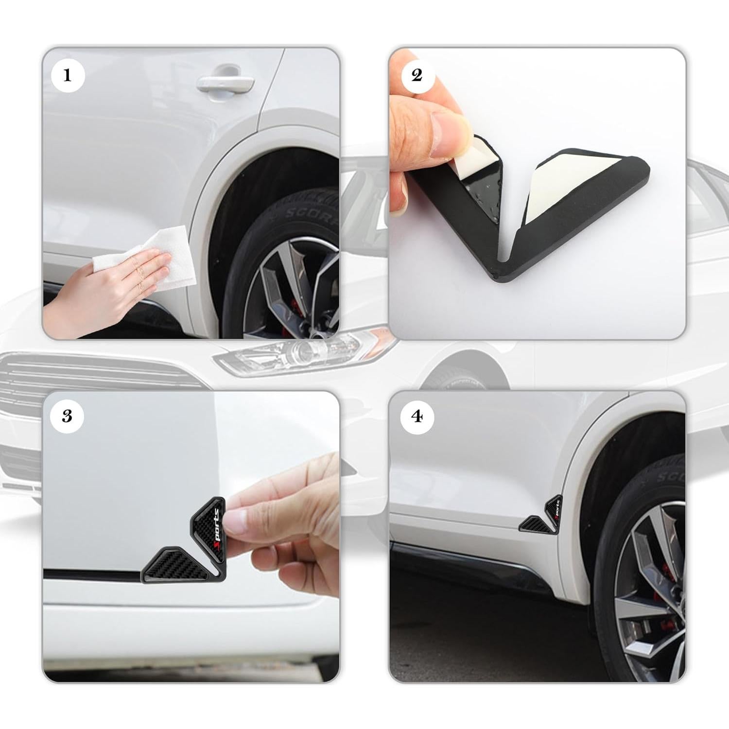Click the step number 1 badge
(67, 75)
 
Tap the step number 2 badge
(417, 75)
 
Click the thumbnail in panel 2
(454, 121)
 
